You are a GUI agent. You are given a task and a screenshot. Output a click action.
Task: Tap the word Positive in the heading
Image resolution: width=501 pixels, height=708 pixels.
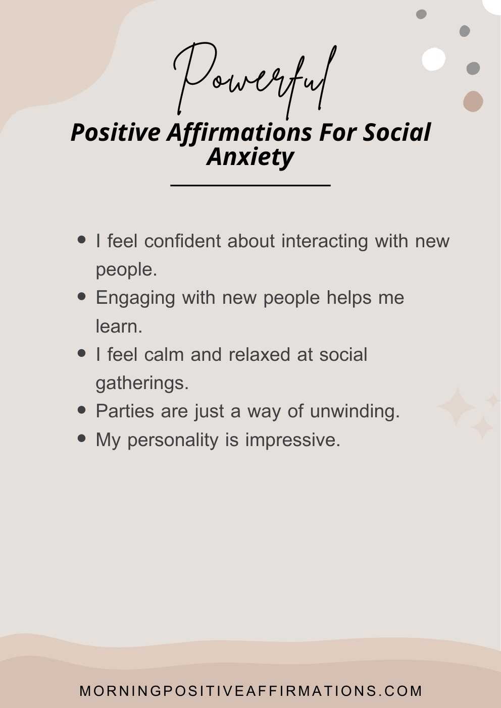115,133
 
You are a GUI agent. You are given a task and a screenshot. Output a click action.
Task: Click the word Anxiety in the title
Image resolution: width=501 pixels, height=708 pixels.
250,156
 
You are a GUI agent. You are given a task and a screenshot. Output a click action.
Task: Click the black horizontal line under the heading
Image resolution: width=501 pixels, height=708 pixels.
250,185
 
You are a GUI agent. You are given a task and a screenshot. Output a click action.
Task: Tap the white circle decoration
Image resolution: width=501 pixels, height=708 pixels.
433,59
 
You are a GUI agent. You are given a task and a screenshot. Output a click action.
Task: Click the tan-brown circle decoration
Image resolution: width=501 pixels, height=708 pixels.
473,101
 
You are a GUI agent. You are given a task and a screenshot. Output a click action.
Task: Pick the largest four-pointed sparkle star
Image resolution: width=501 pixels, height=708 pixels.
457,407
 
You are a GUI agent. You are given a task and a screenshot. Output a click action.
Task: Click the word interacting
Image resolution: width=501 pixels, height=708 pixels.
324,241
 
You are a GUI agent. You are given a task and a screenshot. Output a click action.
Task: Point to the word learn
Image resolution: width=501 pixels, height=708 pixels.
119,326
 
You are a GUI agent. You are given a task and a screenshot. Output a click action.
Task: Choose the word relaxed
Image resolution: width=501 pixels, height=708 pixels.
259,355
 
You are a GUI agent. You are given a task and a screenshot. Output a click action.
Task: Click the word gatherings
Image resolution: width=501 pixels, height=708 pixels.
142,383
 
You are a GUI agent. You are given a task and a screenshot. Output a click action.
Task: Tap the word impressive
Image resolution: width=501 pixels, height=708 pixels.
292,440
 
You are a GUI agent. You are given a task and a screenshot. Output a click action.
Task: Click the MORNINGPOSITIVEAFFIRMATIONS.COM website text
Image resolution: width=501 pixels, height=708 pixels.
250,691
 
